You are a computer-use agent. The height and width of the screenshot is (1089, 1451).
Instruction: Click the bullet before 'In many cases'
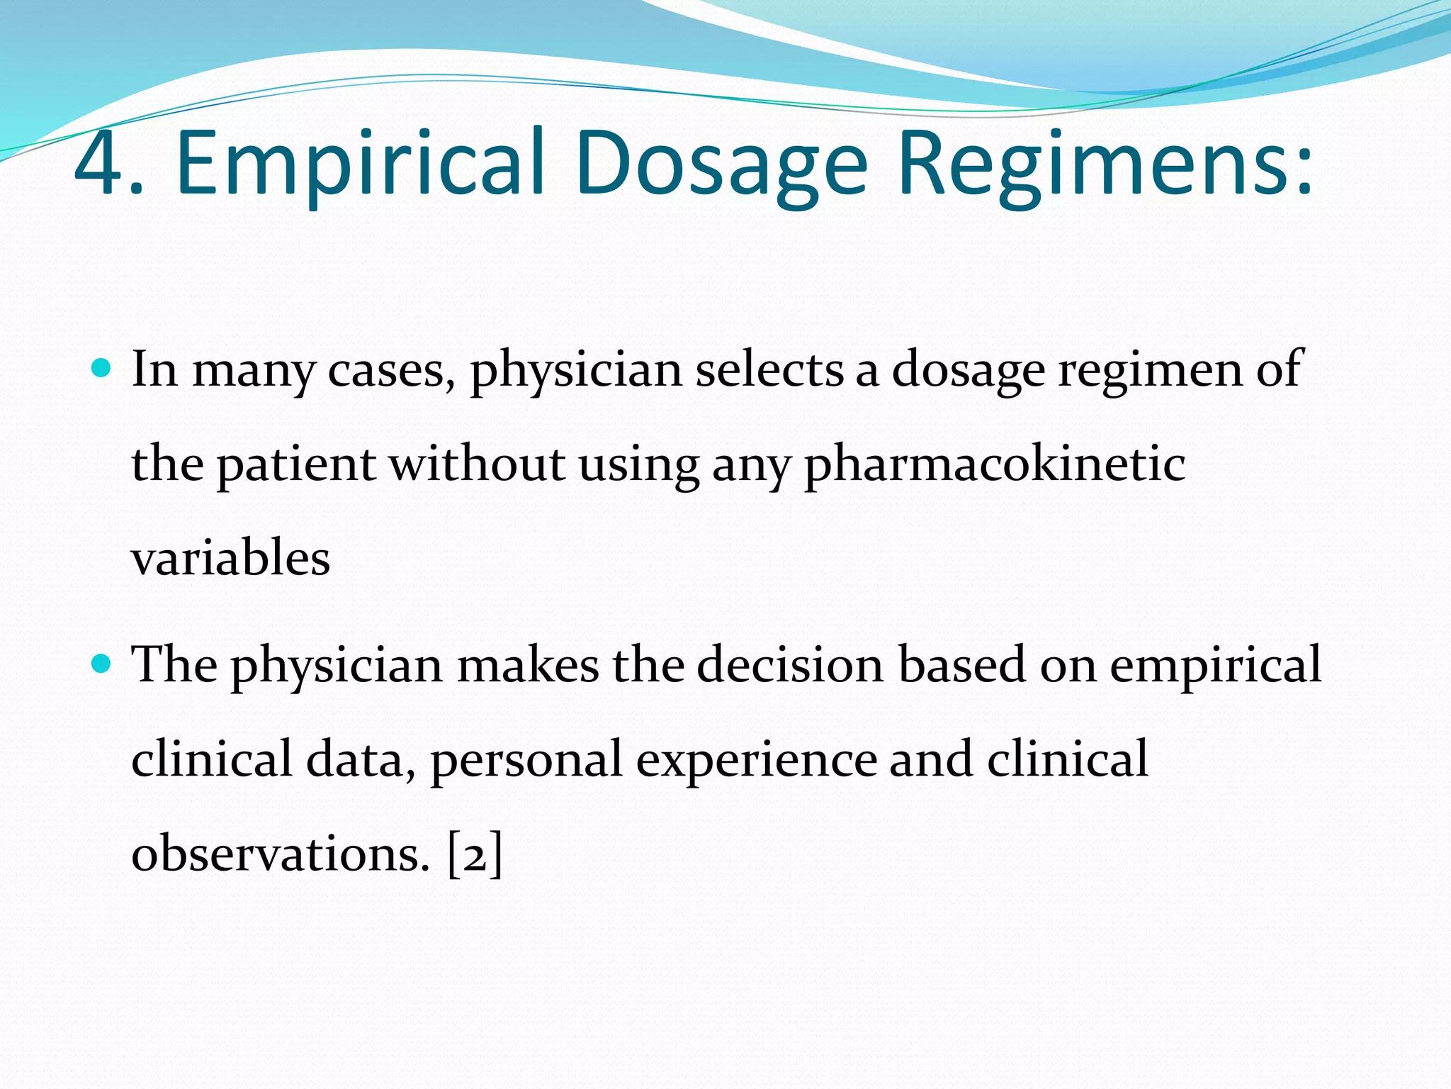click(102, 367)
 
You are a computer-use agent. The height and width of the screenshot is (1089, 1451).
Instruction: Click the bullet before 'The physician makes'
click(102, 664)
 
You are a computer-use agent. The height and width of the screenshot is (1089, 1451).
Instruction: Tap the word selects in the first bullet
click(770, 369)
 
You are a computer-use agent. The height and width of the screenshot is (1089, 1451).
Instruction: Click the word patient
click(296, 465)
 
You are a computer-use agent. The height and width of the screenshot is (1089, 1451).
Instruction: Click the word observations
click(279, 854)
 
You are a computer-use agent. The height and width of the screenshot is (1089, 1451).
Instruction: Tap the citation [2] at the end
click(475, 854)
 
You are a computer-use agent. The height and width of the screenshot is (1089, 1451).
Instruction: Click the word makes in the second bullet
click(528, 665)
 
